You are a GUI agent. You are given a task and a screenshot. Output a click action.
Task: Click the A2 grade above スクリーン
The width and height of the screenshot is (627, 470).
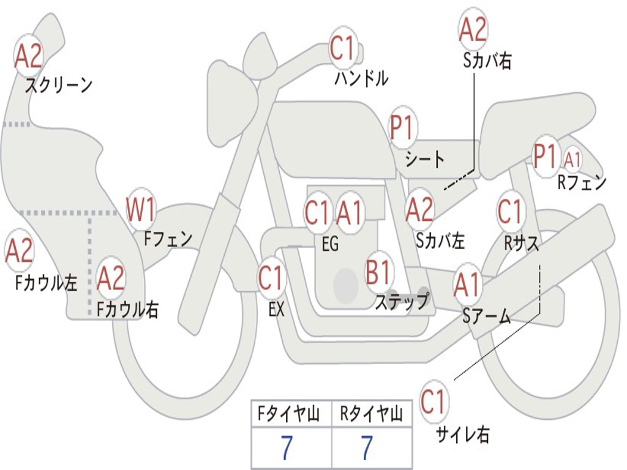(x=28, y=56)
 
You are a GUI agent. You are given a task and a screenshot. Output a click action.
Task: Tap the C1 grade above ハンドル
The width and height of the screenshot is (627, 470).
(x=343, y=48)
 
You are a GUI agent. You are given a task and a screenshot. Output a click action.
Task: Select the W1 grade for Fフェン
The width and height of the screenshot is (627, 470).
(x=140, y=210)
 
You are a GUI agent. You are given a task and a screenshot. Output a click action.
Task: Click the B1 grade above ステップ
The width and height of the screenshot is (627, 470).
(x=379, y=273)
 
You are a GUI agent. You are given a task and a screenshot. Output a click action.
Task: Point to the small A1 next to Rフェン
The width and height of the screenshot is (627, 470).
(x=573, y=160)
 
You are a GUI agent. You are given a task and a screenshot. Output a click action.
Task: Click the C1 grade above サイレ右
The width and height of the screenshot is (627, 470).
(x=433, y=402)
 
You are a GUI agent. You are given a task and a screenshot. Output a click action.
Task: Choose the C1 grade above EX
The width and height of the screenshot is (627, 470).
(x=271, y=278)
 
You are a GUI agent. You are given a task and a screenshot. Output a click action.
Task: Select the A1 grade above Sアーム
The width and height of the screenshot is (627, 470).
(x=467, y=285)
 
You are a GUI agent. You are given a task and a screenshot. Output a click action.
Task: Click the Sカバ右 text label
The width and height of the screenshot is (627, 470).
(x=487, y=61)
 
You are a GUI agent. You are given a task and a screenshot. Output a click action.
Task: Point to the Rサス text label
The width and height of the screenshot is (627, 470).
(x=522, y=243)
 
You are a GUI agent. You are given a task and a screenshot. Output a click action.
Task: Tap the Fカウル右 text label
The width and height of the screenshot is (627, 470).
(x=128, y=310)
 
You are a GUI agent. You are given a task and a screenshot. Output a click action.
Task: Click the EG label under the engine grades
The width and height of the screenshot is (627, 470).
(x=330, y=244)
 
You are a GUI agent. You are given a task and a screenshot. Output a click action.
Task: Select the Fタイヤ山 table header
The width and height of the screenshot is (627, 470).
(x=291, y=414)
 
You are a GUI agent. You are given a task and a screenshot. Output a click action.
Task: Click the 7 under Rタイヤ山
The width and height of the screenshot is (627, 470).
(x=367, y=449)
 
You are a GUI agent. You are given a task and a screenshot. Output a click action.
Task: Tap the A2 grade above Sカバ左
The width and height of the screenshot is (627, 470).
(x=419, y=210)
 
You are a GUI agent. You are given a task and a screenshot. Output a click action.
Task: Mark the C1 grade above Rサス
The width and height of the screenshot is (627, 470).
(x=509, y=212)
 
